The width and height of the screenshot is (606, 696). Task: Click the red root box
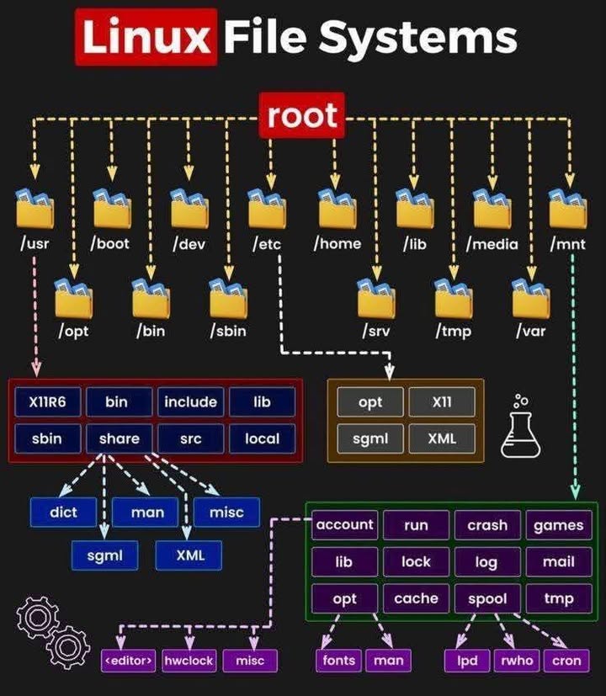pyautogui.click(x=302, y=115)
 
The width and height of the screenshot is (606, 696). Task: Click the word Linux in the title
pyautogui.click(x=146, y=38)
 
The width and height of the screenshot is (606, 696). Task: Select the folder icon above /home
pyautogui.click(x=337, y=208)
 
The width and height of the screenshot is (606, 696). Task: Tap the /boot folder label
pyautogui.click(x=111, y=244)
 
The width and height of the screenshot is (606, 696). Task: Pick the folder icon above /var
pyautogui.click(x=530, y=299)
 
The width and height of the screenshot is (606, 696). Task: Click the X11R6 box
pyautogui.click(x=47, y=402)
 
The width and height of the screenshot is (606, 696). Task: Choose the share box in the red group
pyautogui.click(x=119, y=438)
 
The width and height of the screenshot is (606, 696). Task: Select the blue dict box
pyautogui.click(x=64, y=512)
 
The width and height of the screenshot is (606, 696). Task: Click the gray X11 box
pyautogui.click(x=441, y=402)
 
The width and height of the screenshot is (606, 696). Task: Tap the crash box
pyautogui.click(x=487, y=525)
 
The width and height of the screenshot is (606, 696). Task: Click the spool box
pyautogui.click(x=487, y=598)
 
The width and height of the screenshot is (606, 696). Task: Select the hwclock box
pyautogui.click(x=188, y=661)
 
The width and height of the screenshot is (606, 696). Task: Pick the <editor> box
pyautogui.click(x=129, y=661)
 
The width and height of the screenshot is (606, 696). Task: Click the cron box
pyautogui.click(x=566, y=661)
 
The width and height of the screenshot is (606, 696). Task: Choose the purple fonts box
pyautogui.click(x=339, y=661)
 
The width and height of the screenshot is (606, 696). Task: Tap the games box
pyautogui.click(x=558, y=525)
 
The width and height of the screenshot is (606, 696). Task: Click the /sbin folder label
pyautogui.click(x=227, y=331)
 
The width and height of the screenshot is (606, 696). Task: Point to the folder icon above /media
pyautogui.click(x=492, y=208)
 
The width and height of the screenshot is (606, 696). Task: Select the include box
pyautogui.click(x=190, y=402)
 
